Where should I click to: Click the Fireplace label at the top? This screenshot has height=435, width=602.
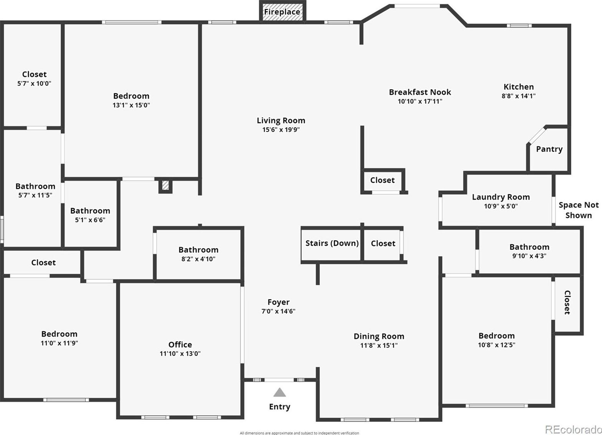pos(282,12)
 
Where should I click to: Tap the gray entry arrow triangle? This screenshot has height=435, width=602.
pos(279,392)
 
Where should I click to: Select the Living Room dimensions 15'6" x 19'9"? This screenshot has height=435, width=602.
pos(281,130)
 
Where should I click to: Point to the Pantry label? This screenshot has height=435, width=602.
pos(549,149)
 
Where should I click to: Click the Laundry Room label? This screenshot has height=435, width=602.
pos(501,197)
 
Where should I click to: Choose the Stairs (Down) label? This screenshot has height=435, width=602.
pos(332,243)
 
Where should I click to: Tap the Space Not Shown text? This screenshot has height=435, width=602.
pos(579,210)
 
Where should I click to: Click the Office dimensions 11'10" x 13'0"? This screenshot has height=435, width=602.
pos(180,354)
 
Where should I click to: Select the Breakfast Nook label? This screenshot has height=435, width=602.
pos(420,92)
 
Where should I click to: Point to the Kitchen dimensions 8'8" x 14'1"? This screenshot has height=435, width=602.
pos(518,96)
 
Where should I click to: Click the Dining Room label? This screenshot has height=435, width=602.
pos(379,336)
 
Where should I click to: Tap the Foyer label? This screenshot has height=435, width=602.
pos(278,302)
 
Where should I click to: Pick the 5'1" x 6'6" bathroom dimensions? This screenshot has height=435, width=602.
pos(90,220)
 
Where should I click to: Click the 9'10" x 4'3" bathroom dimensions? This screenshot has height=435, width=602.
pos(529,256)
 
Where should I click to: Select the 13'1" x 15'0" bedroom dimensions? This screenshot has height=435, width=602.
pos(131,105)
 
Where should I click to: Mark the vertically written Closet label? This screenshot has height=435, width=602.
pos(567,302)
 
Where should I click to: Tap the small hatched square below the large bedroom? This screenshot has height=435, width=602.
pos(165,185)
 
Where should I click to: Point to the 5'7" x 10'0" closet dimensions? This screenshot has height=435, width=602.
pos(34,84)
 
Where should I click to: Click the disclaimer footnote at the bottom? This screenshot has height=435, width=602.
pos(299,433)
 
